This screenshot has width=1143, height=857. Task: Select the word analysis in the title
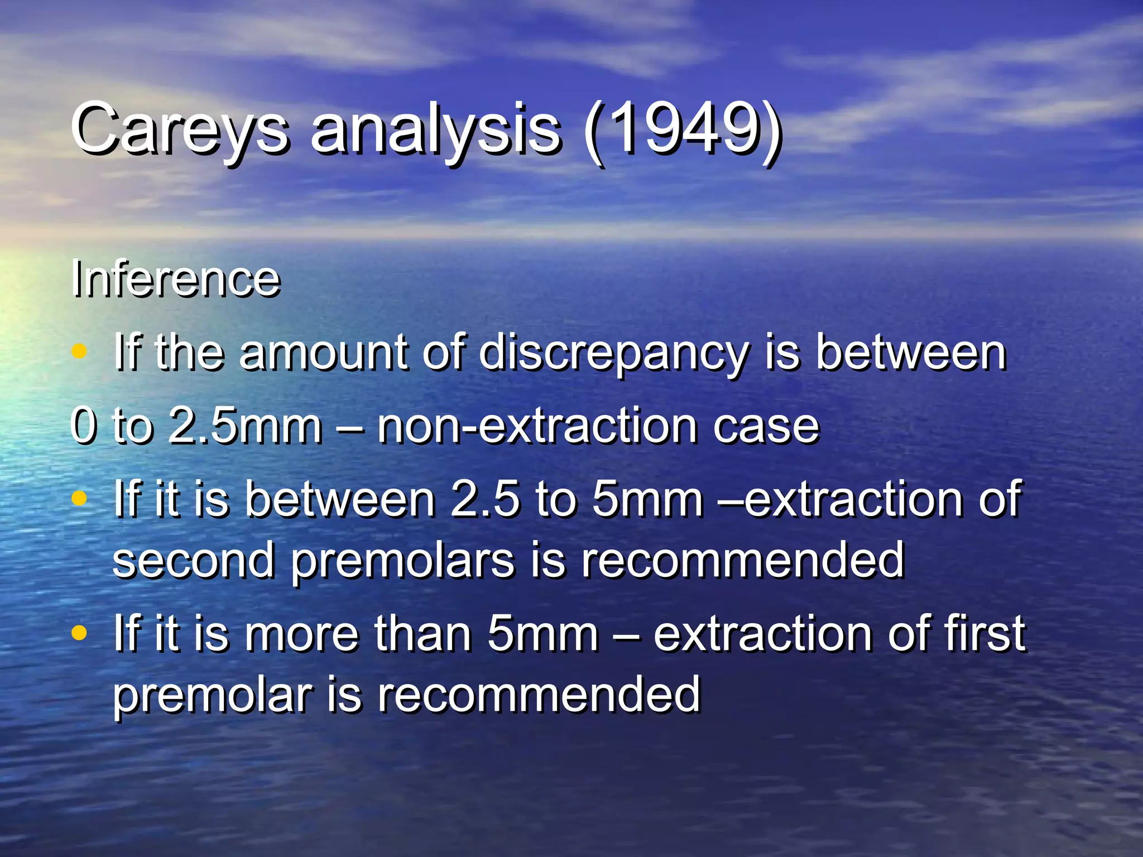pos(435,129)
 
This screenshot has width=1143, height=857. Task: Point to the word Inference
pos(175,279)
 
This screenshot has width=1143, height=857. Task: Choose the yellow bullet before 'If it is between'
pos(80,497)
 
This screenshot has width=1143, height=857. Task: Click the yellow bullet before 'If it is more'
pos(80,632)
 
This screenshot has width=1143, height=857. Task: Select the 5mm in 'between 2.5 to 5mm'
pos(647,499)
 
